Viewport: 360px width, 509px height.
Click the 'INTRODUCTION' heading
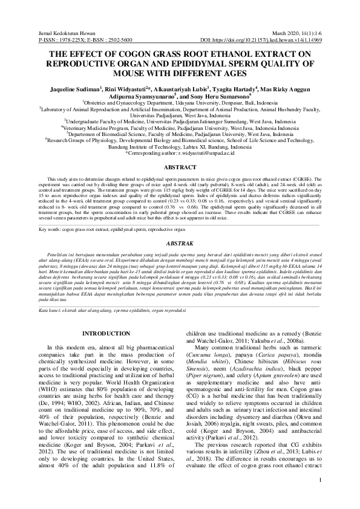tap(105, 333)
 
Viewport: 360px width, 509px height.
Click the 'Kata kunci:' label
tap(51, 310)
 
